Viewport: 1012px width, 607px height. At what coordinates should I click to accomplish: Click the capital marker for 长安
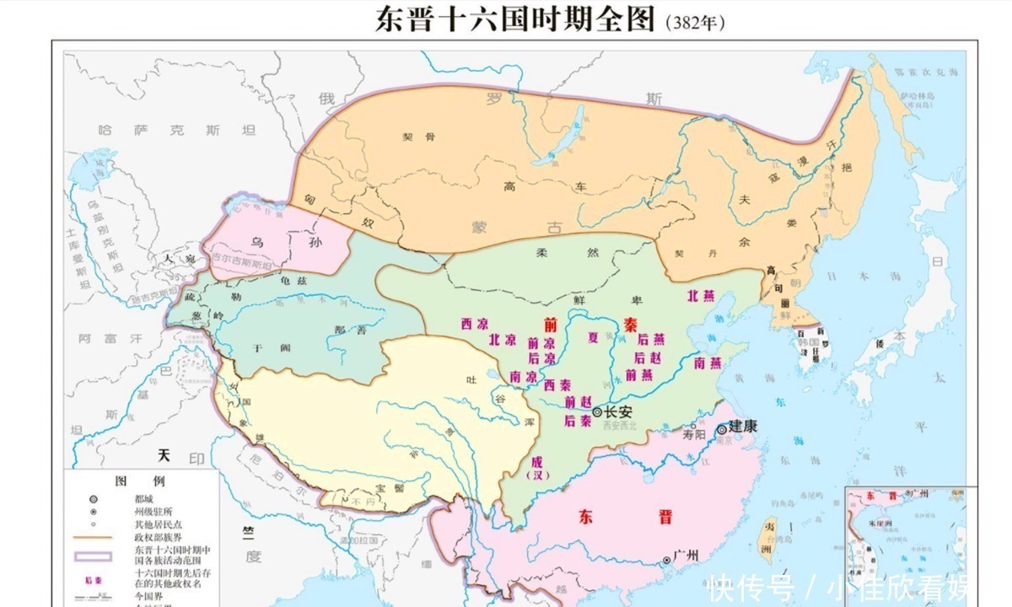(597, 412)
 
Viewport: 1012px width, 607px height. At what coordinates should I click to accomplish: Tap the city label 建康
(743, 427)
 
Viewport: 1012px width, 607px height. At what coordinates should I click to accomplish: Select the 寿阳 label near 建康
(693, 436)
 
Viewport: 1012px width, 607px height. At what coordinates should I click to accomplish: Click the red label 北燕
(705, 296)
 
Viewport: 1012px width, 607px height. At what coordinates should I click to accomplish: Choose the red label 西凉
(474, 324)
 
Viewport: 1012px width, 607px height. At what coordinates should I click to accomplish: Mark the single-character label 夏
(592, 338)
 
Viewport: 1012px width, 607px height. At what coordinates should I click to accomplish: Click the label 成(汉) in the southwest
(533, 468)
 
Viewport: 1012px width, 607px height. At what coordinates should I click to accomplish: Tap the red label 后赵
(649, 357)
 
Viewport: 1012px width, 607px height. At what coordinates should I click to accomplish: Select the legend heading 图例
(132, 482)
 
